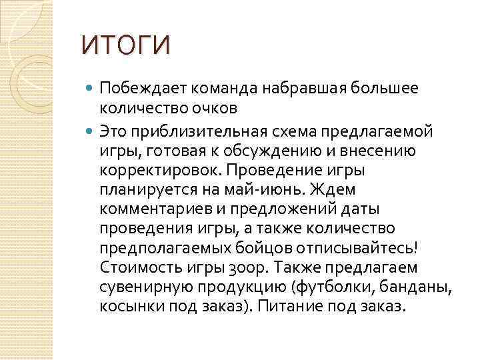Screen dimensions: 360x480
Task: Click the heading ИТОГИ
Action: [125, 45]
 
